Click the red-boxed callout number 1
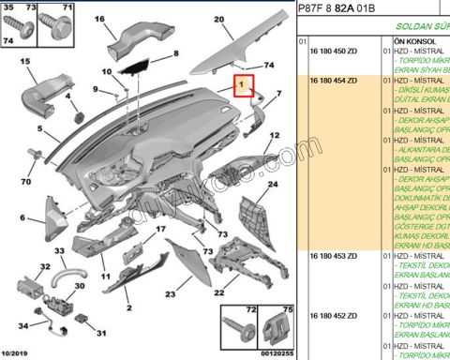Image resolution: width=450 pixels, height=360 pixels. click(242, 86)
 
